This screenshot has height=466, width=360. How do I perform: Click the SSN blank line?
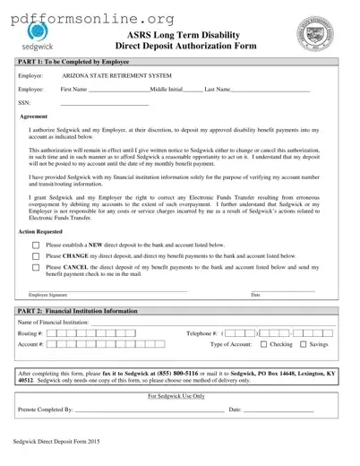(90, 105)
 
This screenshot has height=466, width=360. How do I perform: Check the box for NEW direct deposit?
(35, 245)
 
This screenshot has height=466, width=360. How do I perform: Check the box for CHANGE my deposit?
(35, 255)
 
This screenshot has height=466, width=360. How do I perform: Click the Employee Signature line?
(107, 289)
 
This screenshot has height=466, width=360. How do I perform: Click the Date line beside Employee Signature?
(282, 289)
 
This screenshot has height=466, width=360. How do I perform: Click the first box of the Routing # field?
(51, 332)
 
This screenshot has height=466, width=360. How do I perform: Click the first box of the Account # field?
(51, 344)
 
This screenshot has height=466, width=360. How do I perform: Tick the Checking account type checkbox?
(263, 344)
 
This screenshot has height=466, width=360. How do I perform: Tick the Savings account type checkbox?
(303, 344)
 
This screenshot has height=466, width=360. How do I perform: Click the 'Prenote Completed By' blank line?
(148, 411)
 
